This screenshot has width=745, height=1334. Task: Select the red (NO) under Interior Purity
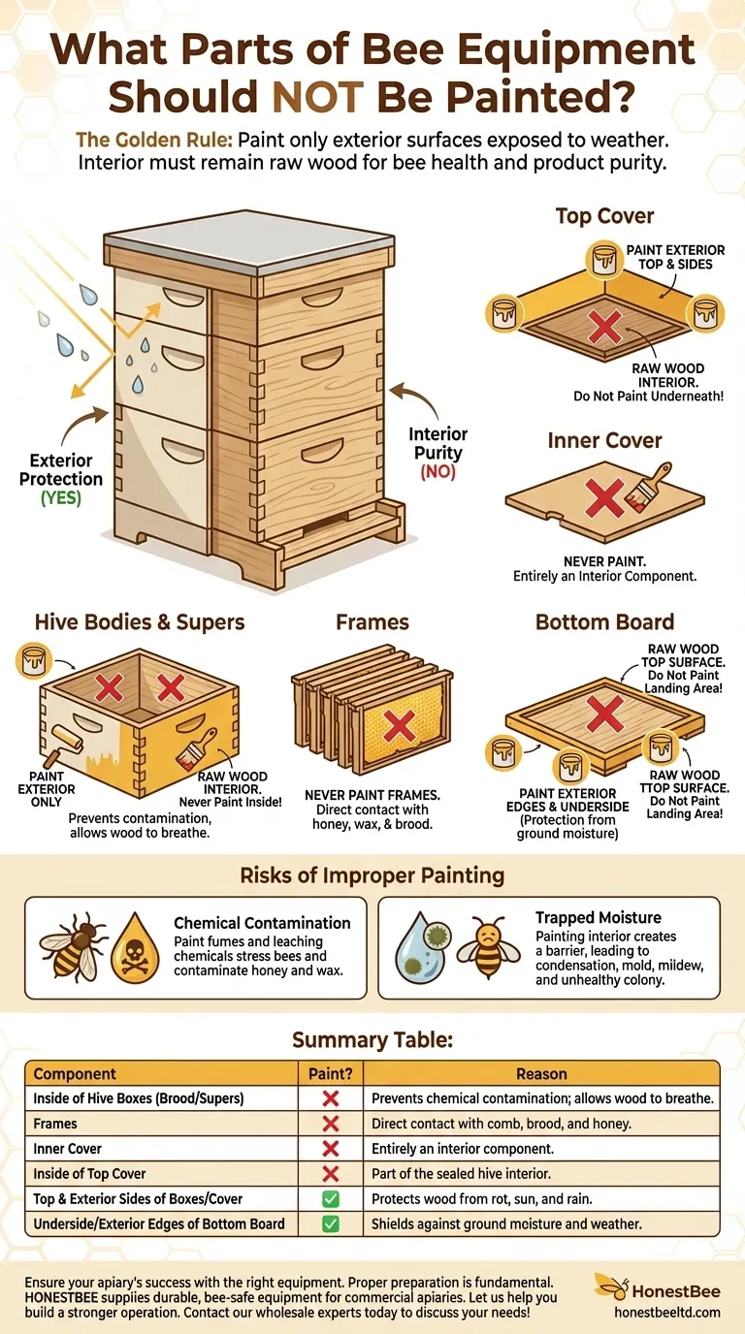point(437,472)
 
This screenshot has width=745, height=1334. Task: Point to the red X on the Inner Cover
point(603,500)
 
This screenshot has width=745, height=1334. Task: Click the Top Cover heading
point(604,215)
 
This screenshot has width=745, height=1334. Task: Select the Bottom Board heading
point(604,621)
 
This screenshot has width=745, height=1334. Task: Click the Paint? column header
point(329,1073)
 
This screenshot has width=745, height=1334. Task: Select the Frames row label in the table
point(55,1124)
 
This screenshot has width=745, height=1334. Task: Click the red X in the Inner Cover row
point(330,1149)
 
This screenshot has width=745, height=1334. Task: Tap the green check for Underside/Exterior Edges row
point(330,1223)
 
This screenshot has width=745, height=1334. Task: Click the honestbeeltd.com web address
point(668,1311)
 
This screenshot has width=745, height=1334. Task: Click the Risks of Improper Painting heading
point(372,875)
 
